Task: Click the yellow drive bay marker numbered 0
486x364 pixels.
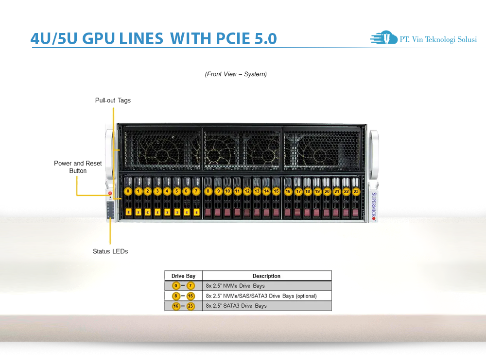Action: (x=128, y=192)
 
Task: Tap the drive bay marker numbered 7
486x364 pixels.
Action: (x=196, y=192)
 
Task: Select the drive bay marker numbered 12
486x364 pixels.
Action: (x=247, y=192)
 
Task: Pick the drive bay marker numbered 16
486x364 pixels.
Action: (x=288, y=192)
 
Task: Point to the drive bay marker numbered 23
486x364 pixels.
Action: (x=356, y=192)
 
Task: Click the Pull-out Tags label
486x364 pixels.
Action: (x=113, y=100)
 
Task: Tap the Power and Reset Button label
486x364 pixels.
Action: (x=78, y=167)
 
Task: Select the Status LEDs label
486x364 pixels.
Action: (x=110, y=251)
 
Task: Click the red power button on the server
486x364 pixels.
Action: (x=110, y=193)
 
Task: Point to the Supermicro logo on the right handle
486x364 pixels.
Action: (x=374, y=207)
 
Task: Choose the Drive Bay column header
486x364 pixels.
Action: (x=183, y=276)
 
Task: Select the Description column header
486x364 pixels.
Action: (x=266, y=276)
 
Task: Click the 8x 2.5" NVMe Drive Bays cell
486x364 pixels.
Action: (x=235, y=286)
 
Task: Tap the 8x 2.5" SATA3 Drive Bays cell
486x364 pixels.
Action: (x=236, y=306)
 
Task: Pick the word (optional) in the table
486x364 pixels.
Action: (x=306, y=296)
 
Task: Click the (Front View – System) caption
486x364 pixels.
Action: (x=236, y=74)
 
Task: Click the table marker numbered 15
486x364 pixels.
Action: (x=191, y=296)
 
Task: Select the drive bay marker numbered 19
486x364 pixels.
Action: (x=317, y=192)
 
